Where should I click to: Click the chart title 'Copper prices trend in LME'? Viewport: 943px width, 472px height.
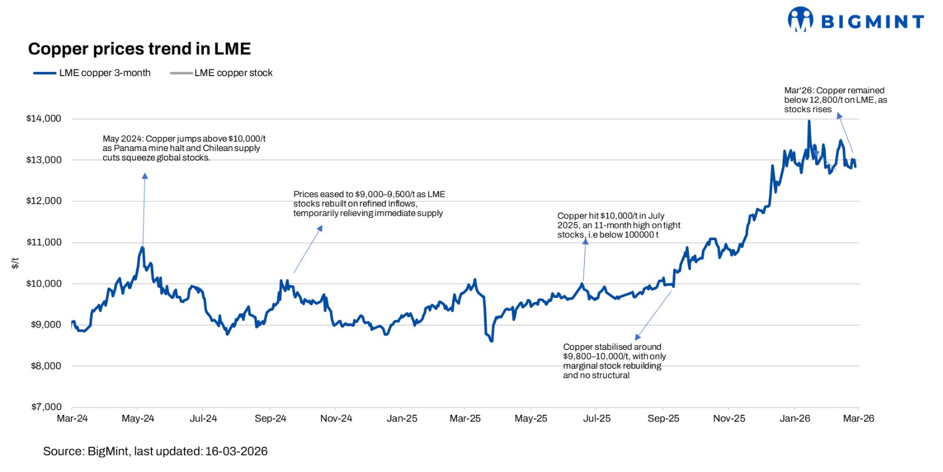pos(139,49)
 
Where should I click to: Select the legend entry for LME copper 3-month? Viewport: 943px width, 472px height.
pos(93,73)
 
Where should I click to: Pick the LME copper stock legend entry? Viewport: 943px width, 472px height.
pos(222,73)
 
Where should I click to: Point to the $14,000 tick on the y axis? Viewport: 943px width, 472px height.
pos(44,119)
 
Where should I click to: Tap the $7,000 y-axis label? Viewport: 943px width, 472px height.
pos(46,407)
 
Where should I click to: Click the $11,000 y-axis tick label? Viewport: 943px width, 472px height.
pos(44,242)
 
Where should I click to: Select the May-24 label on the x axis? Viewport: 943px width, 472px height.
pos(138,418)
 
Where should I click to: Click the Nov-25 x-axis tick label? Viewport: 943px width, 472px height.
pos(729,418)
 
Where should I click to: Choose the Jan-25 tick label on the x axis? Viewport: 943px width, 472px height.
pos(402,418)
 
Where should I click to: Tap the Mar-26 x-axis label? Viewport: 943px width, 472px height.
pos(858,418)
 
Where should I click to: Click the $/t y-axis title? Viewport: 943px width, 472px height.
pos(15,263)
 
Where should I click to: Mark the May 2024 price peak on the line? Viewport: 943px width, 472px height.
pos(143,247)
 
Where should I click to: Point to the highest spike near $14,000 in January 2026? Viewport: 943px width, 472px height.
pos(809,122)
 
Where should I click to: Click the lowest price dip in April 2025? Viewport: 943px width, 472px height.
pos(491,340)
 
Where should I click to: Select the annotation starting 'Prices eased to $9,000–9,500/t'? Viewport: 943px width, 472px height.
pos(369,204)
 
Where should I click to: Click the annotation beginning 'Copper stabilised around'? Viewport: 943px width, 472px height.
pos(614,361)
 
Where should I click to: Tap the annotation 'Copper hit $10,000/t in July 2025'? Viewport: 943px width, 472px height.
pos(618,225)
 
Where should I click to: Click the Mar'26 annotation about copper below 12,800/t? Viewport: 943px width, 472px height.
pos(835,100)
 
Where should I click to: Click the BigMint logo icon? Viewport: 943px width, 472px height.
pos(800,19)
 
